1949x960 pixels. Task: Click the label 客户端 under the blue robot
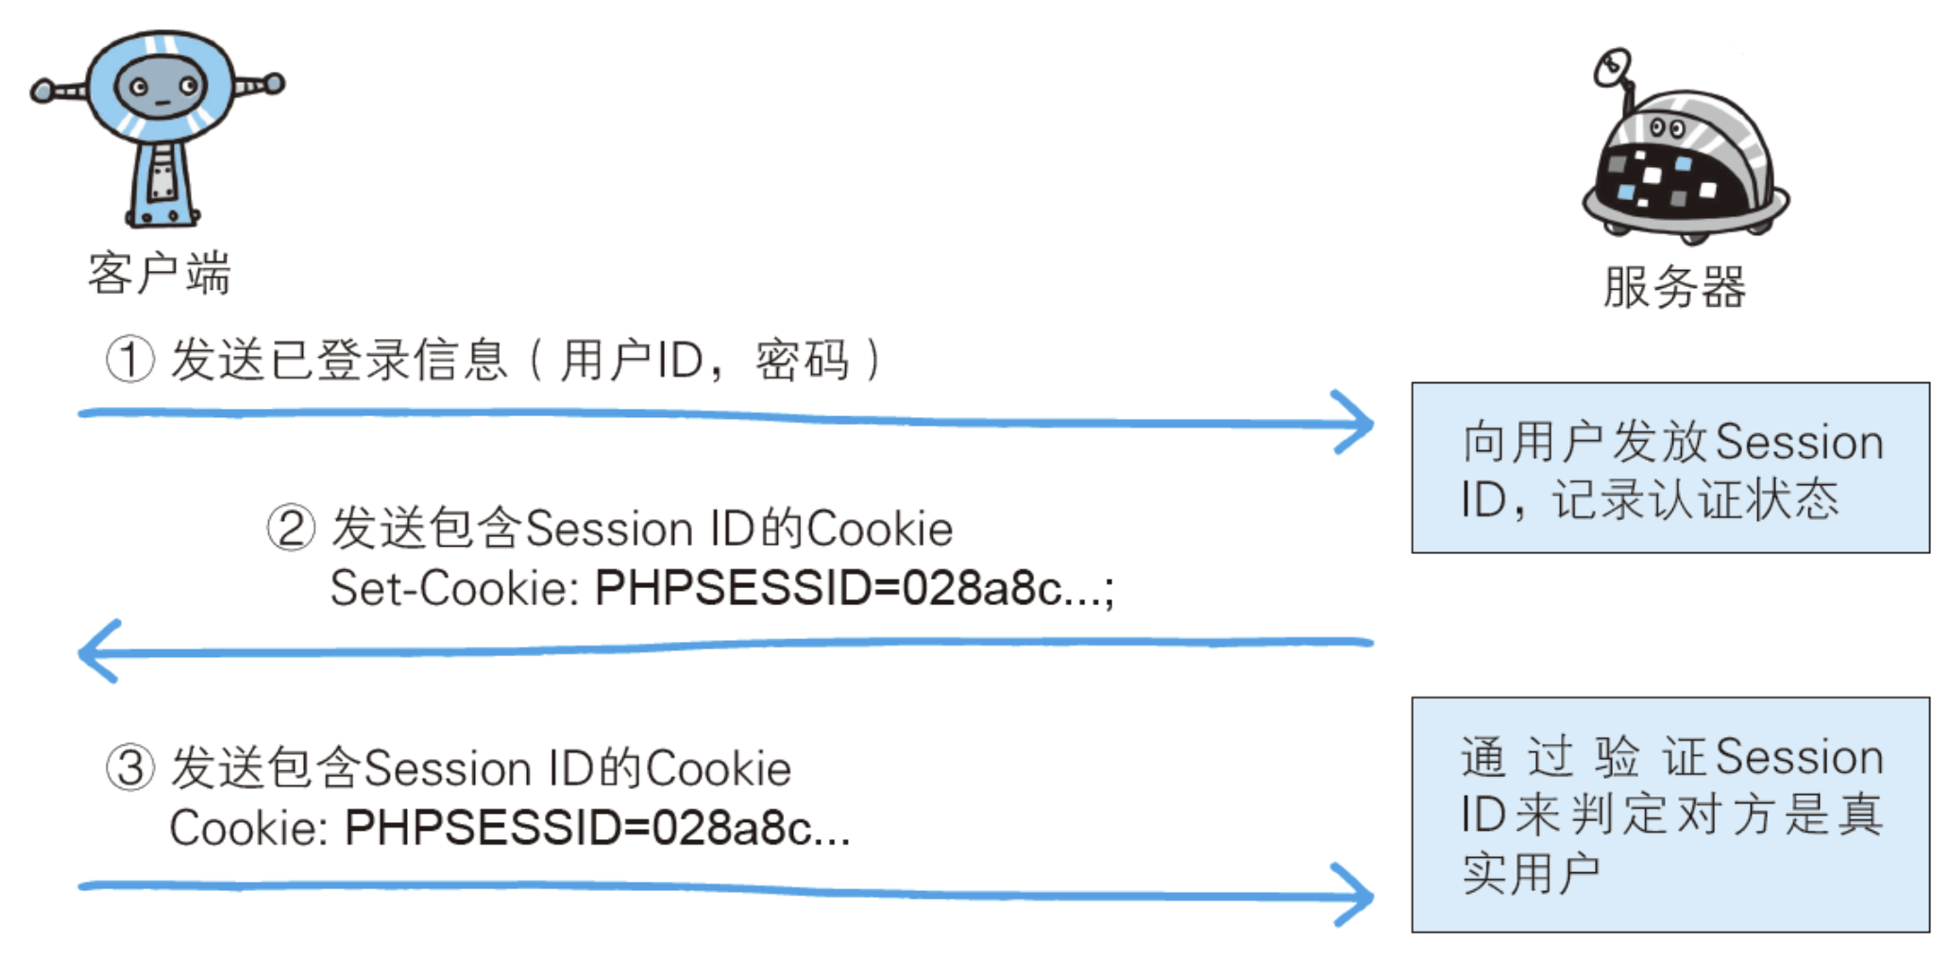159,274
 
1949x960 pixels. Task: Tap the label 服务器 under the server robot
1674,287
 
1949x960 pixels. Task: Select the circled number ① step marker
129,360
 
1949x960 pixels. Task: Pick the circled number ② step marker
290,528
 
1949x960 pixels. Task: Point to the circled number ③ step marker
129,767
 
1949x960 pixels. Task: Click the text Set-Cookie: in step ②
454,589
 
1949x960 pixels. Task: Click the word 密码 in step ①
802,361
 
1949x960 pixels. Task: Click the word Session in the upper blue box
1799,443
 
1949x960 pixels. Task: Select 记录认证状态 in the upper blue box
1696,500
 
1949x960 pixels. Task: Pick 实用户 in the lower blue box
1531,874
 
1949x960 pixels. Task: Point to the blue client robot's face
161,88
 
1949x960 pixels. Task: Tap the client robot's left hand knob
42,91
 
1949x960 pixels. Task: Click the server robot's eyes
1666,127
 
